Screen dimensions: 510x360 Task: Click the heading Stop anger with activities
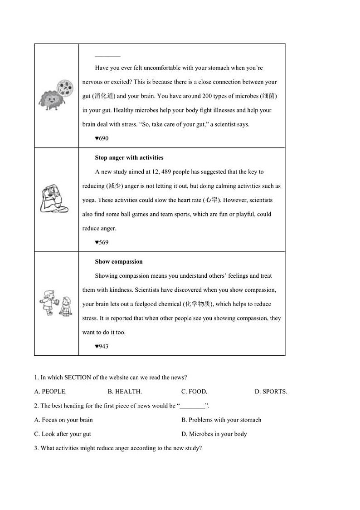129,158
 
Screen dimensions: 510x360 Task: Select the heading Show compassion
118,262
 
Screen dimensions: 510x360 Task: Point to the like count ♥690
102,138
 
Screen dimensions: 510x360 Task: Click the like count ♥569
102,242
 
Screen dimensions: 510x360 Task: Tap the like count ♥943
102,346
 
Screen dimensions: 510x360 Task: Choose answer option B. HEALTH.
125,392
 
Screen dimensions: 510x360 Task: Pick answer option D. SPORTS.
271,392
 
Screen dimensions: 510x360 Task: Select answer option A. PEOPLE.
50,392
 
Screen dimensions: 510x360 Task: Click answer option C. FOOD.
194,392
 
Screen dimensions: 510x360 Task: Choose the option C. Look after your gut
63,434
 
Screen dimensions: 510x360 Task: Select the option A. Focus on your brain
63,420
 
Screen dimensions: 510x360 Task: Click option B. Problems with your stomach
221,420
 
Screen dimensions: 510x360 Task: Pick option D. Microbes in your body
214,434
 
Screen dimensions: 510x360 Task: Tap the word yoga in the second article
88,200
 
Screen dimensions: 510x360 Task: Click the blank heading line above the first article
107,56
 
